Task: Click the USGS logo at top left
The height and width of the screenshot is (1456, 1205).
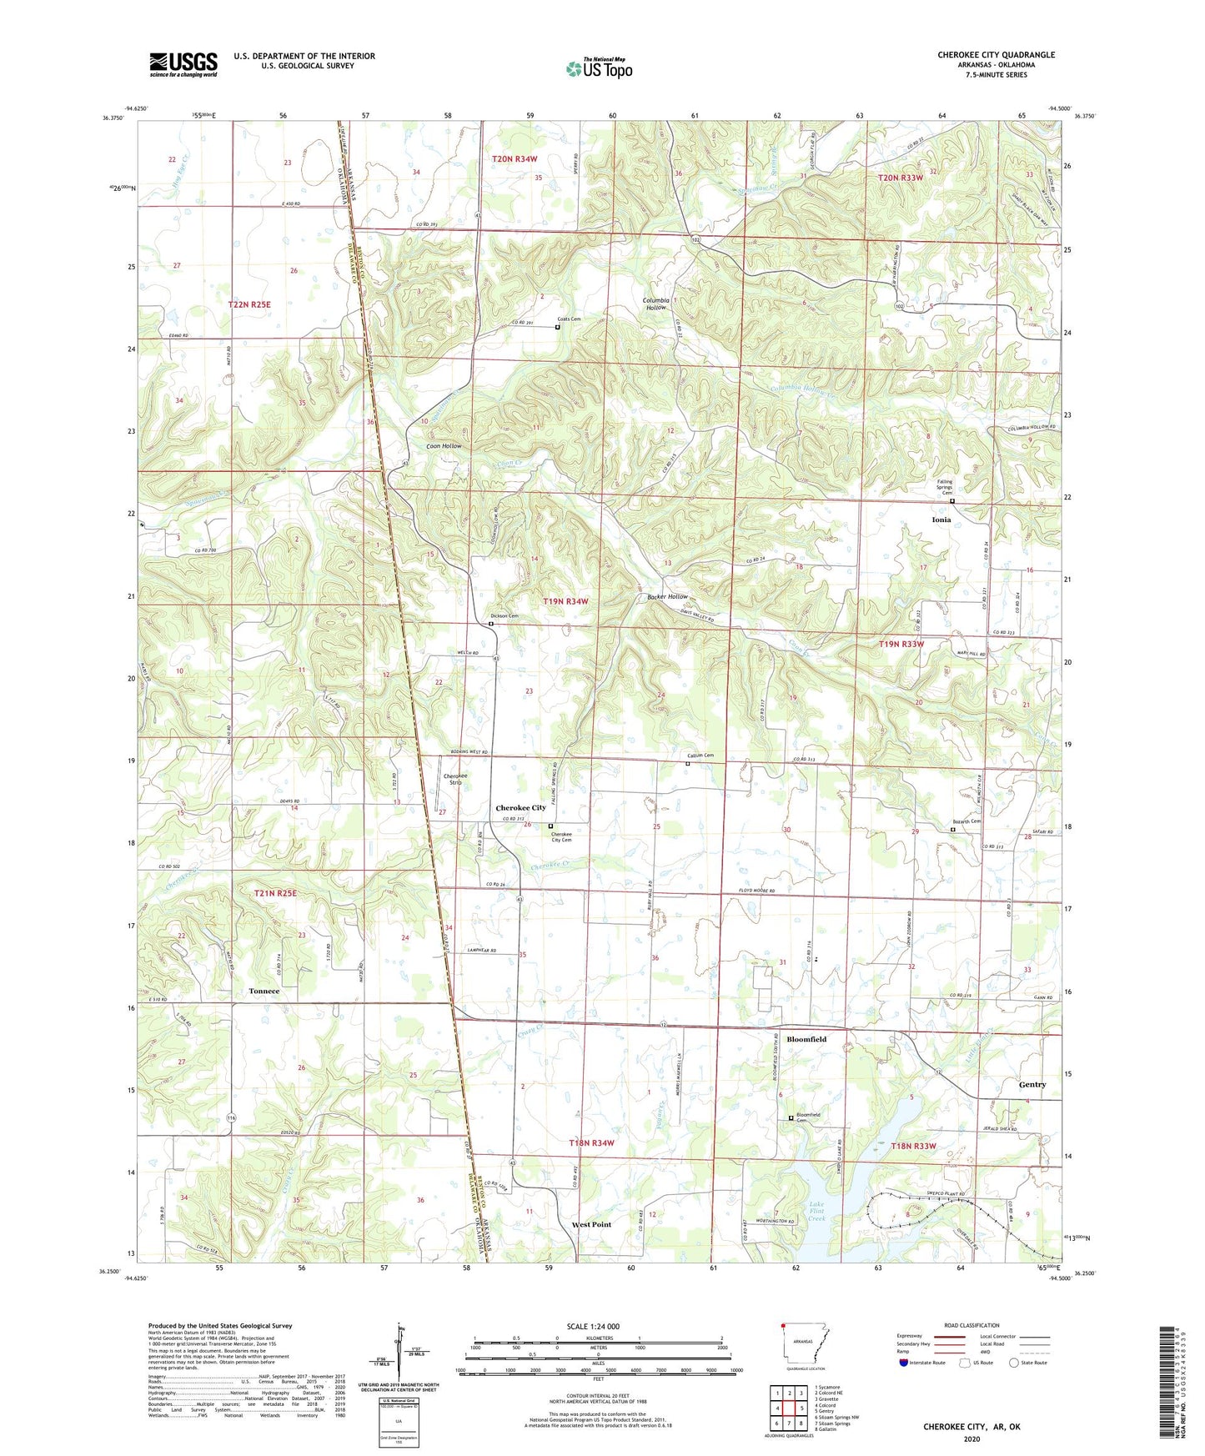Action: (x=183, y=63)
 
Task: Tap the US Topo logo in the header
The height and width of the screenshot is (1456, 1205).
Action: (x=599, y=68)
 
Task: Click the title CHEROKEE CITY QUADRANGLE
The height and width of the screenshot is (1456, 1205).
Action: (x=996, y=55)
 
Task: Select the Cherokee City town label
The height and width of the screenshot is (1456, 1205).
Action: (x=520, y=808)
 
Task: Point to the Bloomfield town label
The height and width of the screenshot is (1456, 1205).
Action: (x=806, y=1039)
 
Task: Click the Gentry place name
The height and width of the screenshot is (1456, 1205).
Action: (x=1032, y=1085)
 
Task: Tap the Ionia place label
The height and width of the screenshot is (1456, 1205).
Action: (x=941, y=520)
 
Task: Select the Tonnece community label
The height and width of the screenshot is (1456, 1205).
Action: (x=264, y=991)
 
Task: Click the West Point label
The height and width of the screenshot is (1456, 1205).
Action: (x=591, y=1224)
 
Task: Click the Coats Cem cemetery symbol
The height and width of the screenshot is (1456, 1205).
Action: (x=557, y=328)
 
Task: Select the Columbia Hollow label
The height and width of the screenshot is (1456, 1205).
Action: (x=655, y=304)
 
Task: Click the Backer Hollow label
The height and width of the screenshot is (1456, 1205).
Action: (x=667, y=597)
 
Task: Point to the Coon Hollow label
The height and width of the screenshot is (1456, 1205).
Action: (x=444, y=446)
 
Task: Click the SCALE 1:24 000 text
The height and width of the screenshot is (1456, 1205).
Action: (x=593, y=1327)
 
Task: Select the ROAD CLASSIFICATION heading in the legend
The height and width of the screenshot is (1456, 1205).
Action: (x=972, y=1325)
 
